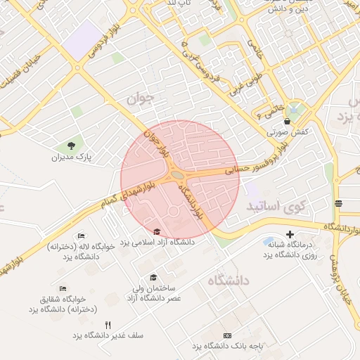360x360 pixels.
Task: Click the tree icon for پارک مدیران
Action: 72,146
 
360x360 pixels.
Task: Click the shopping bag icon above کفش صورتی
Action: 287,121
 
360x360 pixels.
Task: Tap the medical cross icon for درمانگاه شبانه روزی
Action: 290,234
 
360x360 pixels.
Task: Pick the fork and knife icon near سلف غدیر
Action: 108,325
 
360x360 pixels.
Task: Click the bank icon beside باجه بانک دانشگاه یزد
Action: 227,335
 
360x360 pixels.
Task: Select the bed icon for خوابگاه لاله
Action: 82,236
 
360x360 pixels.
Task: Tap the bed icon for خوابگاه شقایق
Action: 63,288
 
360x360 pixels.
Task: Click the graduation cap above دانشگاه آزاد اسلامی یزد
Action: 157,231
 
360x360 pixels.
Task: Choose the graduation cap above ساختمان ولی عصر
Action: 153,277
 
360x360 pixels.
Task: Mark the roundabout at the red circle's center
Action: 177,175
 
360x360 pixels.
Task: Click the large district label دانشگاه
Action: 229,281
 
